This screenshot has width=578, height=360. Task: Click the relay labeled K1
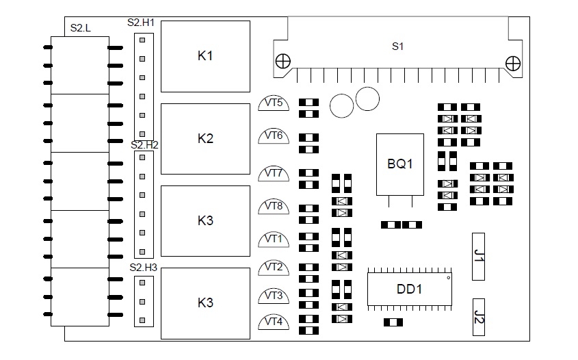(x=205, y=56)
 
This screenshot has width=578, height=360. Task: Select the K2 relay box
(x=205, y=139)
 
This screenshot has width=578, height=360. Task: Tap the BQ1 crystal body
(x=400, y=164)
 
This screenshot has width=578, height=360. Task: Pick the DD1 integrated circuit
(x=410, y=290)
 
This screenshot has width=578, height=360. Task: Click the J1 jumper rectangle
(x=478, y=257)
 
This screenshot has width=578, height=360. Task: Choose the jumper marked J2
(x=478, y=317)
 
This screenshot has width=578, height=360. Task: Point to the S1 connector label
(x=397, y=47)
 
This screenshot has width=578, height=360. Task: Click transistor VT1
(x=274, y=240)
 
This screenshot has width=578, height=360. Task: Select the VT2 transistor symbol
(x=274, y=268)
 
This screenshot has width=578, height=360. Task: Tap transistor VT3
(x=274, y=296)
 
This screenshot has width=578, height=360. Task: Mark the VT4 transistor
(x=274, y=322)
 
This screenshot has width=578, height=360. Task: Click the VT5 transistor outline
(x=274, y=103)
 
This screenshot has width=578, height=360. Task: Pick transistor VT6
(x=274, y=136)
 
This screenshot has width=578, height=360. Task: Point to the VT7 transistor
(x=274, y=174)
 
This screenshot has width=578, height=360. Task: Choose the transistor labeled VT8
(x=274, y=207)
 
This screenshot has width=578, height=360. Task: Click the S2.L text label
(x=80, y=28)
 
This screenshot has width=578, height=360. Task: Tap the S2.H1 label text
(x=141, y=23)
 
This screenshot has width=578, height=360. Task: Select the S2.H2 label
(x=144, y=145)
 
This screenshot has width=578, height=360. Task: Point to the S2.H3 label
(x=144, y=268)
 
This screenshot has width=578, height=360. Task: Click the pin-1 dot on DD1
(x=449, y=278)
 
